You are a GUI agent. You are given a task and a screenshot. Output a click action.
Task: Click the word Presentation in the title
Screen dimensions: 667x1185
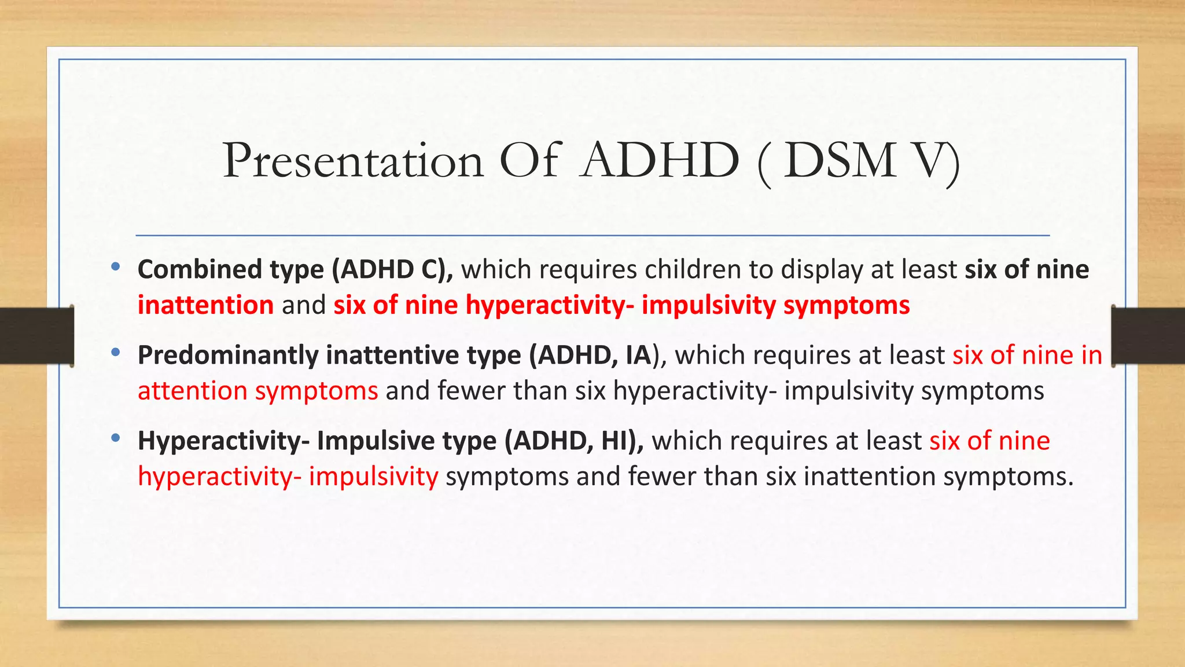click(x=353, y=161)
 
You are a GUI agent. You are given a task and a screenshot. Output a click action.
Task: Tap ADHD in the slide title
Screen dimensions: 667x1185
click(x=661, y=161)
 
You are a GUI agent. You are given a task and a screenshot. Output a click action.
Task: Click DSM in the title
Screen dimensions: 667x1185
click(x=840, y=161)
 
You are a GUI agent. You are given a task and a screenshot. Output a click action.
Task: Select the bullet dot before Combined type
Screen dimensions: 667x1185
click(x=116, y=267)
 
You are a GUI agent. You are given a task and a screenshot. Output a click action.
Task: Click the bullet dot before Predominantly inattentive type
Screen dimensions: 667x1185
click(x=116, y=352)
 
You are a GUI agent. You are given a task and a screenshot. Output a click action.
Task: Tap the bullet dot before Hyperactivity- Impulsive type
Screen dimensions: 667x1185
click(x=116, y=438)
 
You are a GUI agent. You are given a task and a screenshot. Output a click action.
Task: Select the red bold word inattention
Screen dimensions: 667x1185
click(x=205, y=305)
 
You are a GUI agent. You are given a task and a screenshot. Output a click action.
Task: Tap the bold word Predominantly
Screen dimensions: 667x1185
click(x=228, y=356)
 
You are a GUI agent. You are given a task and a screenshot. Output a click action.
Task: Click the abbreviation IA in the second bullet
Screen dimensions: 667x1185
click(x=638, y=356)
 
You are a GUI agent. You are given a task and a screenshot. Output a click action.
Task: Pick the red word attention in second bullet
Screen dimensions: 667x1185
click(x=193, y=391)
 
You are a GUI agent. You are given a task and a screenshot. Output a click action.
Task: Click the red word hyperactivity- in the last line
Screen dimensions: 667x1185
click(x=219, y=477)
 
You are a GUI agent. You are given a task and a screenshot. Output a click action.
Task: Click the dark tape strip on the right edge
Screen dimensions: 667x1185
click(x=1148, y=336)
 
